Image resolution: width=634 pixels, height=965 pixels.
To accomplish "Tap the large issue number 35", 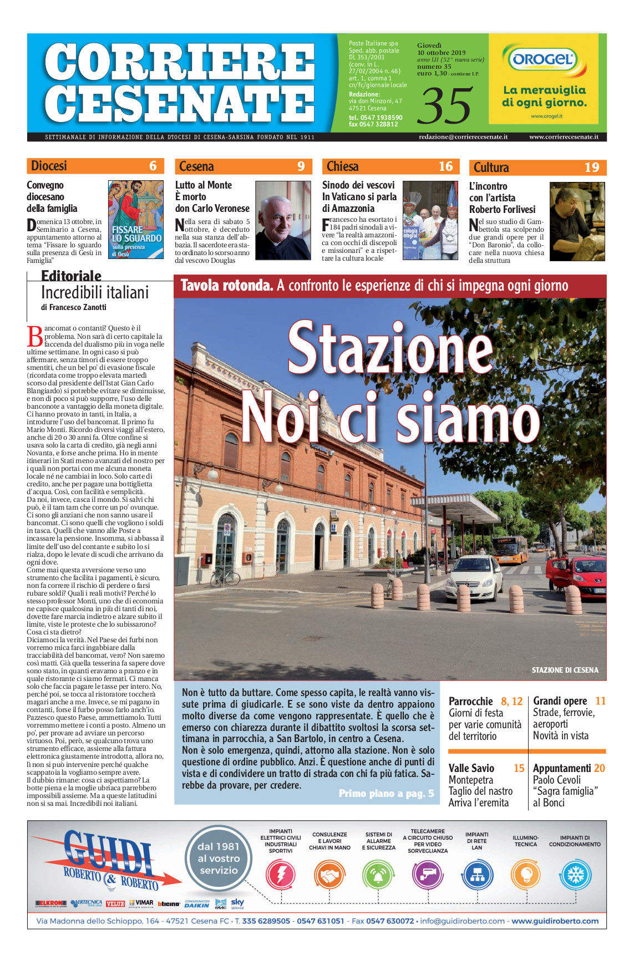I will coord(445,105).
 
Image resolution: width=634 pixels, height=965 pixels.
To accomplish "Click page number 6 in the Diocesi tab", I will coord(153,166).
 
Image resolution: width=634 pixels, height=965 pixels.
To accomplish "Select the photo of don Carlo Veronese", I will coord(283,220).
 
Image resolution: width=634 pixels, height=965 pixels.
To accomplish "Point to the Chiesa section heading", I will coord(343,166).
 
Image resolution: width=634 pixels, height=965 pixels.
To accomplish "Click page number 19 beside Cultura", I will coord(591,167).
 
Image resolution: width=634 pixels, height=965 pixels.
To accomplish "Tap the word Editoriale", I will coord(71,276).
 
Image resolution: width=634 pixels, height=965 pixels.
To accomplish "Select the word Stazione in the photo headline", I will coord(390,348).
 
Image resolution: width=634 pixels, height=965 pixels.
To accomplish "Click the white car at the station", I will coord(474,577).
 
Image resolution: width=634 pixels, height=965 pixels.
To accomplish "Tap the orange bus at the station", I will coord(510,550).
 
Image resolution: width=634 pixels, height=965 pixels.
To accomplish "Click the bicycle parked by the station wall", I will coord(225,577).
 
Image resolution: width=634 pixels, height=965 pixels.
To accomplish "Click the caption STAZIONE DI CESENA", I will coord(565,670).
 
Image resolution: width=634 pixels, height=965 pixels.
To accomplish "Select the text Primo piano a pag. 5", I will coord(386,794).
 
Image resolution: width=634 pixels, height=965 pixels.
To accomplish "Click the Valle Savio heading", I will coord(471,768).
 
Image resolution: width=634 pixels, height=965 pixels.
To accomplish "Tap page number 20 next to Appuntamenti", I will coord(599,768).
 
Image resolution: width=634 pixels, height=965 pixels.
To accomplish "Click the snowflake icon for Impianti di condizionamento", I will coord(576,875).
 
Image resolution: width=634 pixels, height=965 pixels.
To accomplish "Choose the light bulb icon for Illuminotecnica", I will coord(525,875).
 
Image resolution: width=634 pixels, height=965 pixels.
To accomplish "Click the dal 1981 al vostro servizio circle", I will coord(219,859).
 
